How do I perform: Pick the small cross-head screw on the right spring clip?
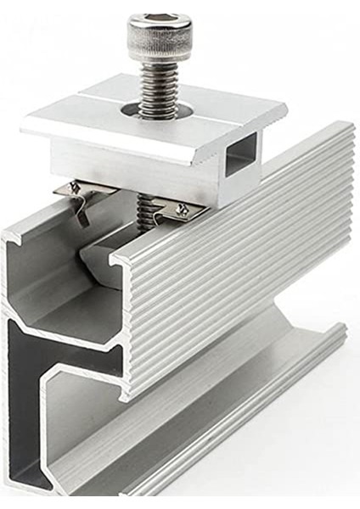tap(181, 209)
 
